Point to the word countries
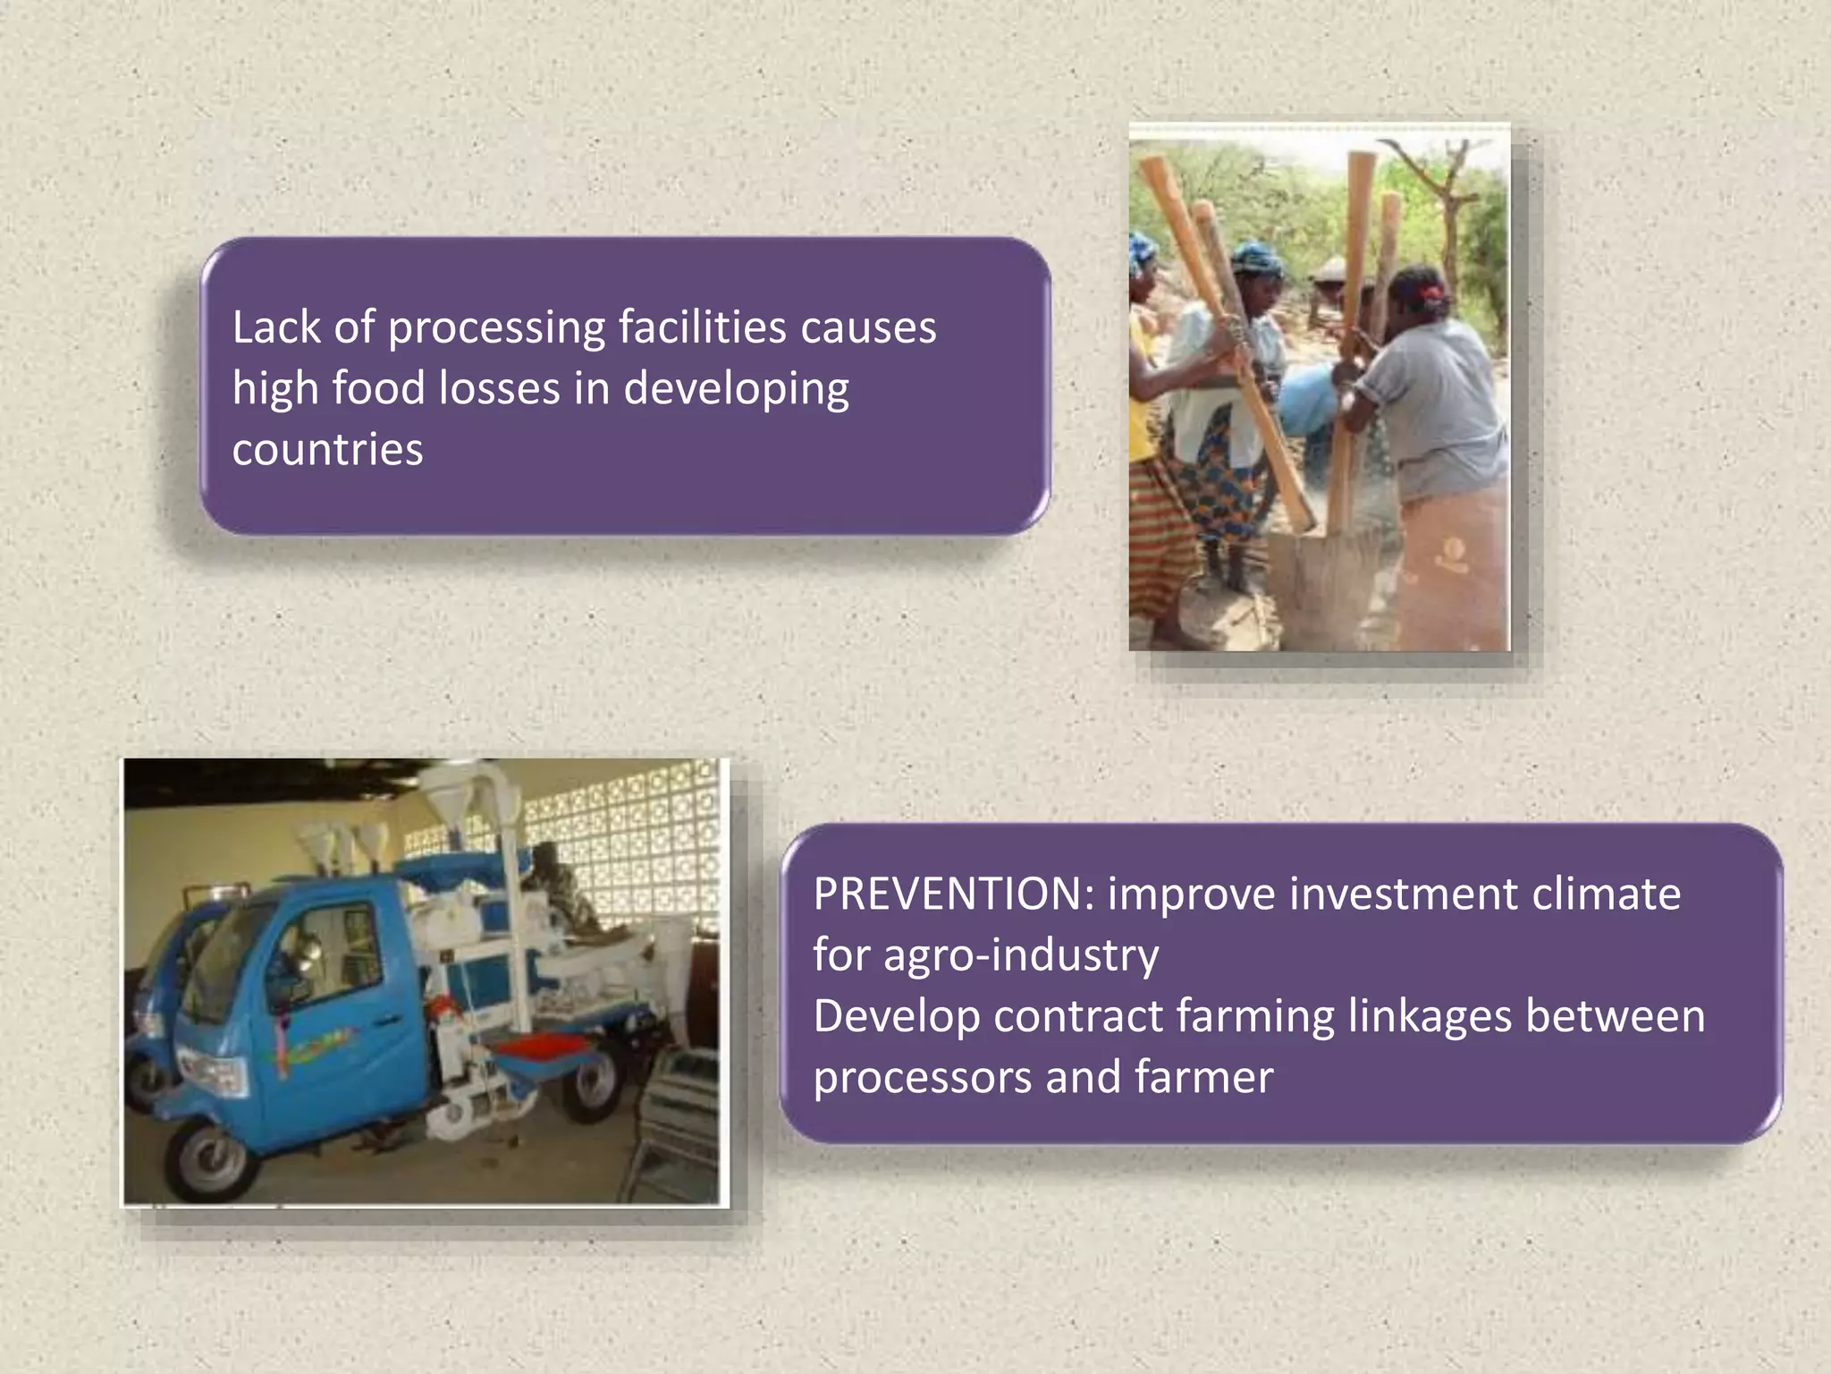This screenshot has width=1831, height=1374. click(327, 449)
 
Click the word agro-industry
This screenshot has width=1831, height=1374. click(1020, 955)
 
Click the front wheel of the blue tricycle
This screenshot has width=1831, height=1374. click(209, 1162)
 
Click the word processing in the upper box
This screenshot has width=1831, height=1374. click(496, 327)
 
